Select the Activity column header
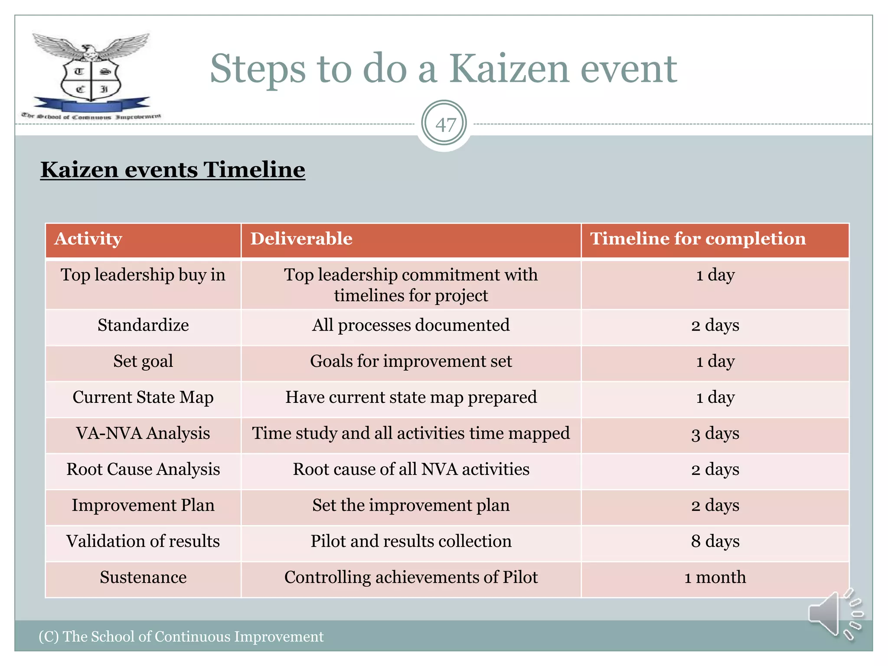pyautogui.click(x=88, y=239)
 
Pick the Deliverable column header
pyautogui.click(x=301, y=239)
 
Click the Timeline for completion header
pyautogui.click(x=698, y=239)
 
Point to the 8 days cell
pyautogui.click(x=715, y=541)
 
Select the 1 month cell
pyautogui.click(x=715, y=577)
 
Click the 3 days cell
pyautogui.click(x=715, y=433)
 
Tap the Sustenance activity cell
pyautogui.click(x=143, y=577)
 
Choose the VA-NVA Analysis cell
pyautogui.click(x=143, y=433)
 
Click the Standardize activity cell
pyautogui.click(x=143, y=325)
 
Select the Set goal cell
pyautogui.click(x=143, y=361)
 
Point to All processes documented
pyautogui.click(x=411, y=325)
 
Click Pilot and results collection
pyautogui.click(x=411, y=541)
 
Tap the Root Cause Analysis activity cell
pyautogui.click(x=143, y=469)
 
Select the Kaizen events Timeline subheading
pyautogui.click(x=173, y=170)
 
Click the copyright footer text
pyautogui.click(x=181, y=636)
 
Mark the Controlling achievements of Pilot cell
pyautogui.click(x=411, y=577)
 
